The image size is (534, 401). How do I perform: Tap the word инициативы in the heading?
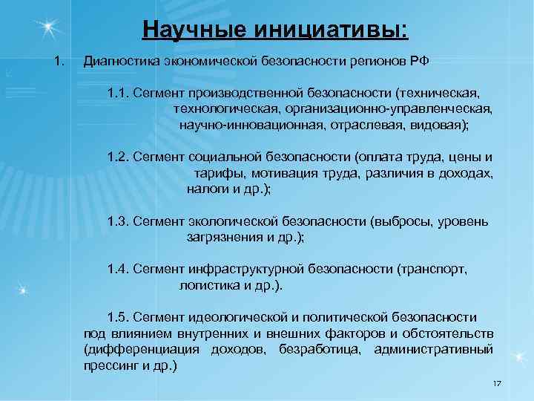click(331, 30)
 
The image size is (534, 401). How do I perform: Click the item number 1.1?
click(119, 94)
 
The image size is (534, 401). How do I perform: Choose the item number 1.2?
click(119, 157)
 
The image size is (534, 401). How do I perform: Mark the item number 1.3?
click(119, 221)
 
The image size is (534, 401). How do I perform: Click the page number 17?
click(497, 382)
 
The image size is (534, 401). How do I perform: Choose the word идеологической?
click(240, 316)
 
